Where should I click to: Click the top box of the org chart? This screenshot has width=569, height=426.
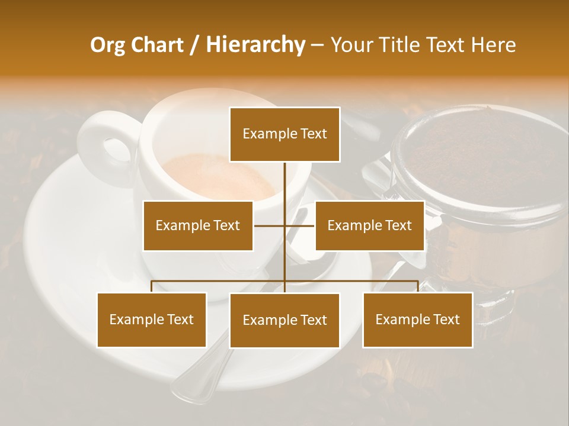pos(284,134)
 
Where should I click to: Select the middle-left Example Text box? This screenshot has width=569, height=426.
pos(198,225)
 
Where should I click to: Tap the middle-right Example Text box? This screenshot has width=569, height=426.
pos(370,225)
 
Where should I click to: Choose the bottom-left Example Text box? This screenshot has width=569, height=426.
pos(152,319)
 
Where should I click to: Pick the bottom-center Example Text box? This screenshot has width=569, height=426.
pos(284,320)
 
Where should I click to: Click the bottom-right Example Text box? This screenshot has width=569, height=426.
pos(418,319)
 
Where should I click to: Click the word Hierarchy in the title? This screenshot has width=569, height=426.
pos(255,45)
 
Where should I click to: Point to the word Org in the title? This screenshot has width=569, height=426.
pos(107,45)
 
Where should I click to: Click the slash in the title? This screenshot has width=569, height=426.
pos(194,45)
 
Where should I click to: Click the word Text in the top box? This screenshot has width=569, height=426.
pos(312,134)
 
